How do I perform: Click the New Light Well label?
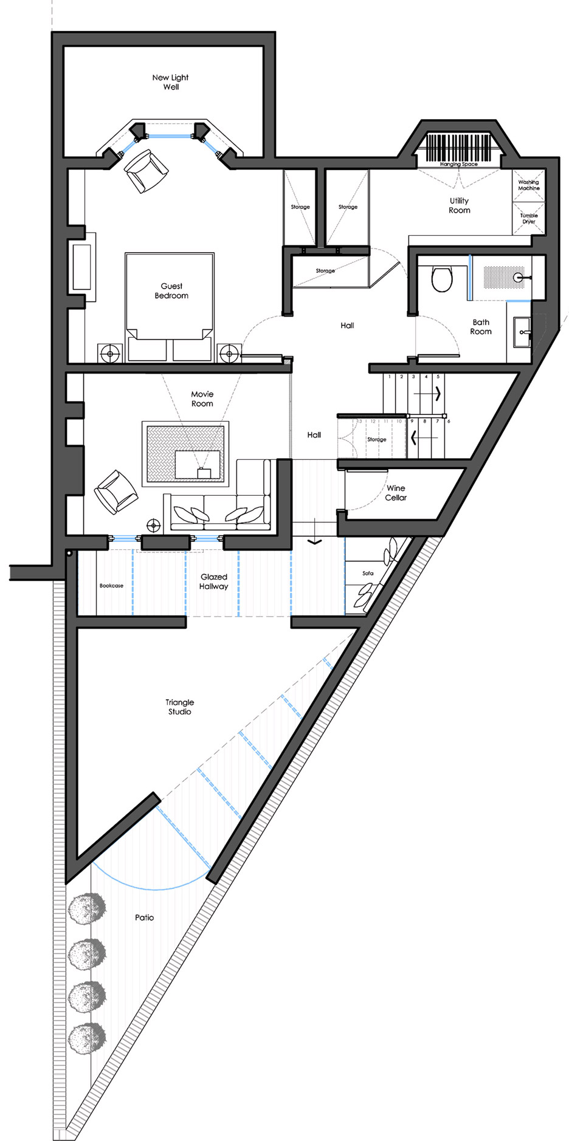[x=170, y=82]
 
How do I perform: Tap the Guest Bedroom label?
[x=171, y=290]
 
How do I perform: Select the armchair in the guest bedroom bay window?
[x=146, y=171]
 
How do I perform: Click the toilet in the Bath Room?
[x=442, y=279]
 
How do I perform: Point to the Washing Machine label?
[x=528, y=185]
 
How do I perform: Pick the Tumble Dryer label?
[x=529, y=218]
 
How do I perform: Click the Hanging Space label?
[x=459, y=164]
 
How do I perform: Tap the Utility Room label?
[x=460, y=205]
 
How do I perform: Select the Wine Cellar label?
[x=396, y=493]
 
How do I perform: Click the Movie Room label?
[x=202, y=399]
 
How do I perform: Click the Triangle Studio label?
[x=180, y=707]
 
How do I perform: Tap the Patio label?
[x=144, y=917]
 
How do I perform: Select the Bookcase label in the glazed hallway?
[x=111, y=586]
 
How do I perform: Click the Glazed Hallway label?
[x=213, y=581]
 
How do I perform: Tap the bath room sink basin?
[x=522, y=332]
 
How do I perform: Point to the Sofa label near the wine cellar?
[x=368, y=573]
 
